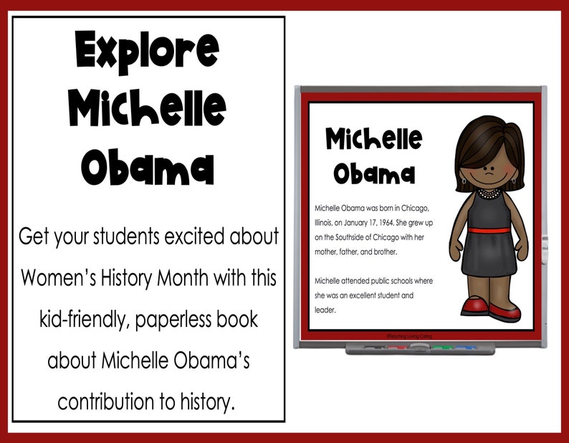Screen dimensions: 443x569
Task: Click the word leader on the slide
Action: tap(325, 310)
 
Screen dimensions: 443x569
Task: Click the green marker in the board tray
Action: tap(436, 348)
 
